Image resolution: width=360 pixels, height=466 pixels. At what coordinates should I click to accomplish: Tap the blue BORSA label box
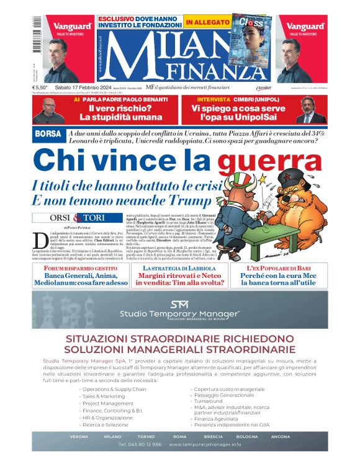pos(48,134)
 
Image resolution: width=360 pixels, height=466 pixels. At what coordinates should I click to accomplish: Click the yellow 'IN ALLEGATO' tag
pos(206,22)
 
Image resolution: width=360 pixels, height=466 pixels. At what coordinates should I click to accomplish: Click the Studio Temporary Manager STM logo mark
pos(180,304)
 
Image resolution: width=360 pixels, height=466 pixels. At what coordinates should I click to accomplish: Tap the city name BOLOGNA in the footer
pos(247,436)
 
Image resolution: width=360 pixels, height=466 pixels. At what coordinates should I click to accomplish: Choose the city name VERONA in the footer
pos(79,436)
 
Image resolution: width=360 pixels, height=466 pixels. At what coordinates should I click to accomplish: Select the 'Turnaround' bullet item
pos(209,383)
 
